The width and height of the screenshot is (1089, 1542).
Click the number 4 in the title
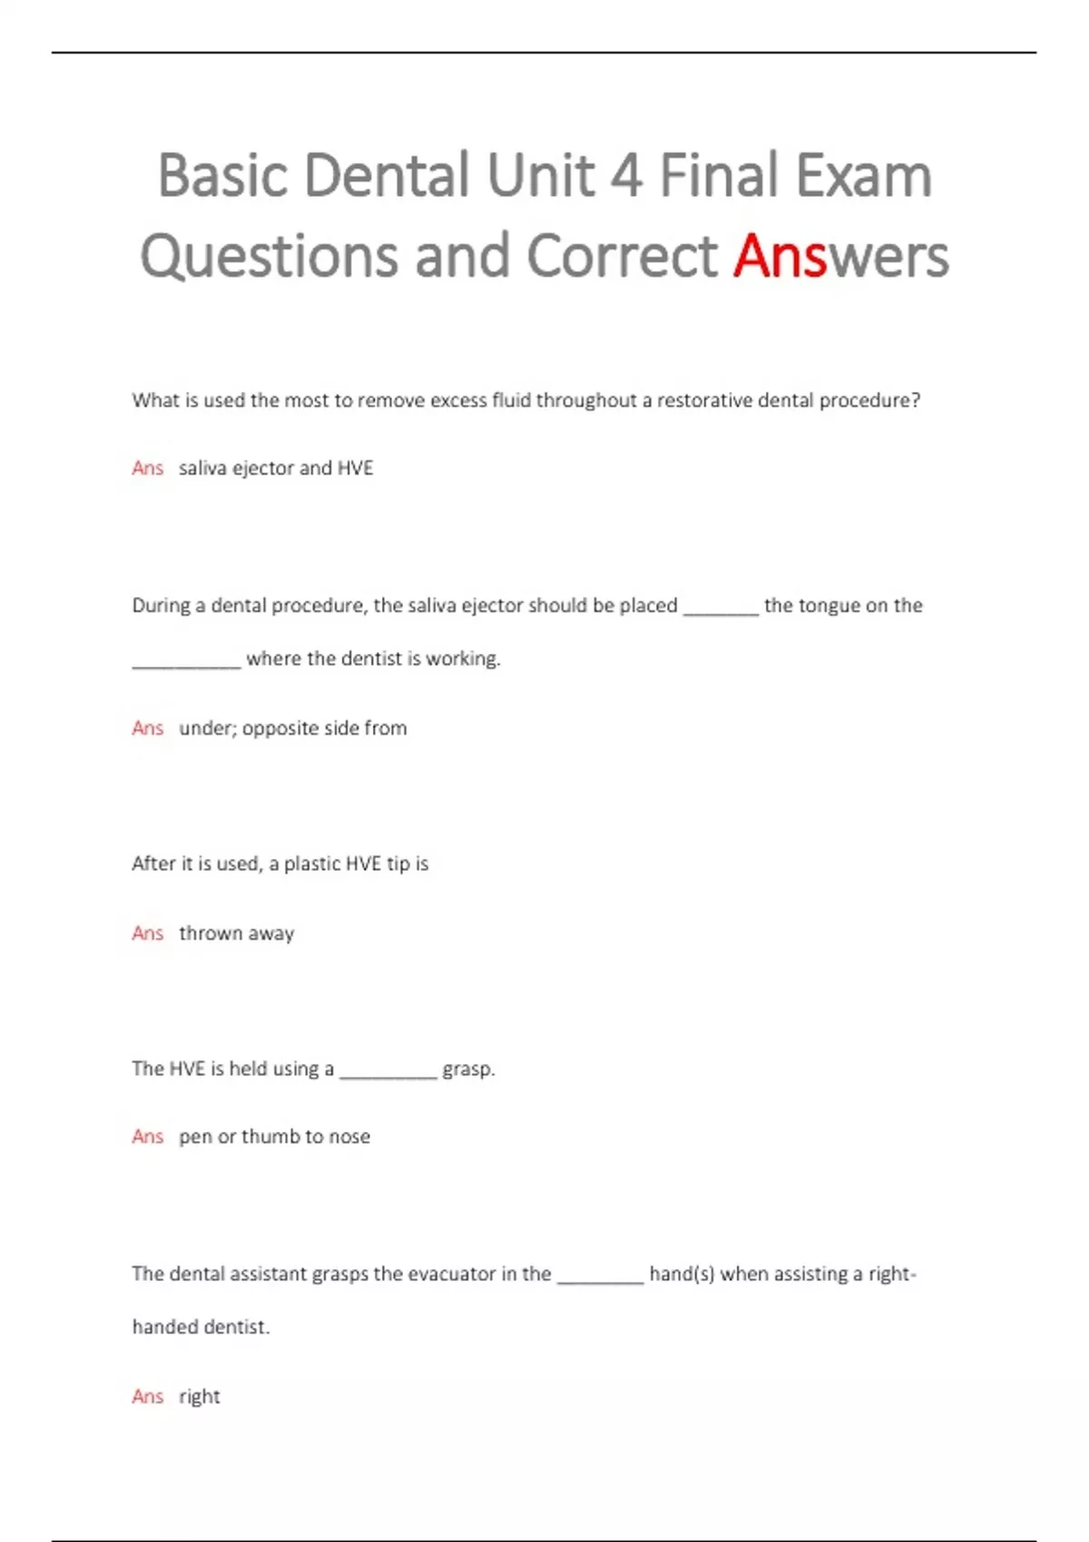pos(625,175)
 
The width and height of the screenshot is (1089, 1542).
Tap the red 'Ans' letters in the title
pos(780,256)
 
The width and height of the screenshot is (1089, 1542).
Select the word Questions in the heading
pos(269,256)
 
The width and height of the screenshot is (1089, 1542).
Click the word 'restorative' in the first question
pos(704,400)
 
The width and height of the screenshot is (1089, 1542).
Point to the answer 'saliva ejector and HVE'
pos(276,468)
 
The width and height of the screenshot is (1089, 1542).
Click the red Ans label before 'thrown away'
pos(147,933)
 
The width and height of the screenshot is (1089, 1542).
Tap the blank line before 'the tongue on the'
pos(721,611)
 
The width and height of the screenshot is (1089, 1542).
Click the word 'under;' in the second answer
pos(207,728)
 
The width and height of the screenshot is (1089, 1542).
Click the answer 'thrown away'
pos(236,933)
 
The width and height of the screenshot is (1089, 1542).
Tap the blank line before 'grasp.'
pos(388,1075)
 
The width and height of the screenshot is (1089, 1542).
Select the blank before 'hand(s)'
pos(600,1280)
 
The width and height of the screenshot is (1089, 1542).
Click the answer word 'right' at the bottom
pos(200,1397)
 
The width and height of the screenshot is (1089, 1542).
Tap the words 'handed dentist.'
pos(201,1327)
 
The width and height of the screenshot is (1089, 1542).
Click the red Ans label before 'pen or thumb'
pos(147,1137)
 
